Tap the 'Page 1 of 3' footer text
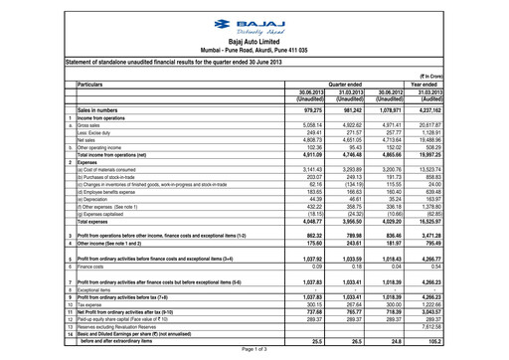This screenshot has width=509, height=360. pos(254,350)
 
